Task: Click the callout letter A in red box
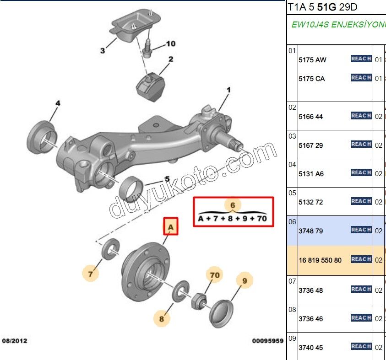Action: point(170,226)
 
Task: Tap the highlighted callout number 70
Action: point(215,275)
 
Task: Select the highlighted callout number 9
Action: point(245,280)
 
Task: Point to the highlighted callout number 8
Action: point(162,318)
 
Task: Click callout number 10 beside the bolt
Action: point(170,44)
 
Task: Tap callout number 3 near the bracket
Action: point(102,51)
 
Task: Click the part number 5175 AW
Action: point(312,60)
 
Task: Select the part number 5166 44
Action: point(310,117)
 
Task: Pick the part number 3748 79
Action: point(310,231)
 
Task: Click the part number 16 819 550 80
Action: point(320,260)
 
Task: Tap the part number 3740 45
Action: point(310,348)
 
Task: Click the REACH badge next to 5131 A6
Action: point(361,172)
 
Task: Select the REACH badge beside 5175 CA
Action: point(361,78)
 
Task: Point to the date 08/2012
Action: point(15,341)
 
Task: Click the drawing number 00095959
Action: point(267,341)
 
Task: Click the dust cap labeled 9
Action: point(222,312)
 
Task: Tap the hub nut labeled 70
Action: point(199,300)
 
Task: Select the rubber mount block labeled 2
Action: point(151,86)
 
